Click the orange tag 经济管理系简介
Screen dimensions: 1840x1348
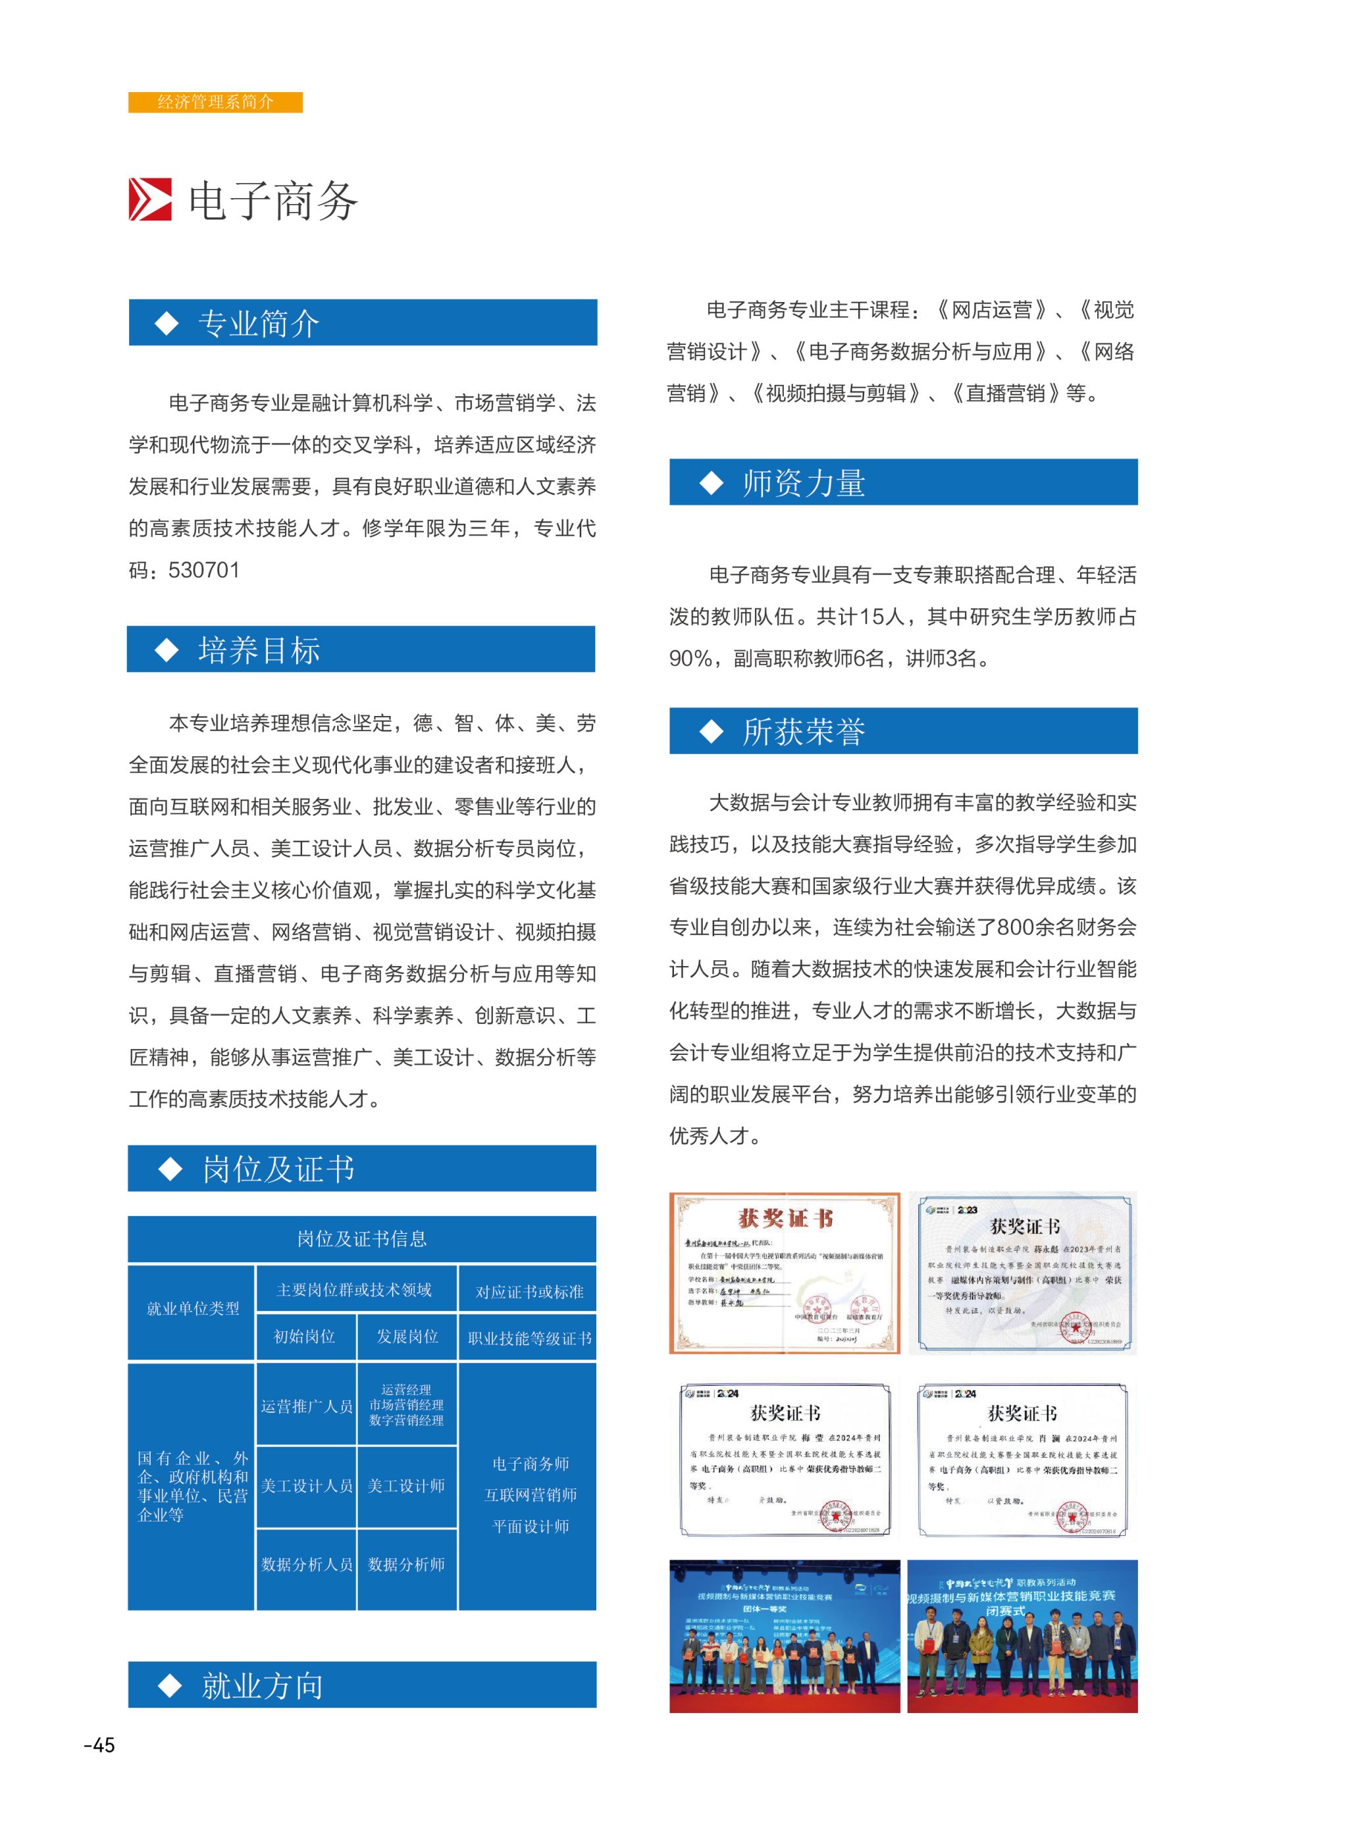[215, 102]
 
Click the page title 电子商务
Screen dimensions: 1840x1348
[272, 201]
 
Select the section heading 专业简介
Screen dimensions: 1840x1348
[258, 323]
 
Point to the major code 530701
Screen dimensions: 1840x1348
[204, 570]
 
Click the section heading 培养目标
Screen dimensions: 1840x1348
[259, 650]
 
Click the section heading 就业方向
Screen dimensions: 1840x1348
[262, 1686]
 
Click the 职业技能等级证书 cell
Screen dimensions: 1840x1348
[530, 1339]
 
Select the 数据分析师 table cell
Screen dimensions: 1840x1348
[406, 1564]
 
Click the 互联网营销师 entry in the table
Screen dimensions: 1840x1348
[531, 1495]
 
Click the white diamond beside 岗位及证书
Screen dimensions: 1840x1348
[170, 1169]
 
